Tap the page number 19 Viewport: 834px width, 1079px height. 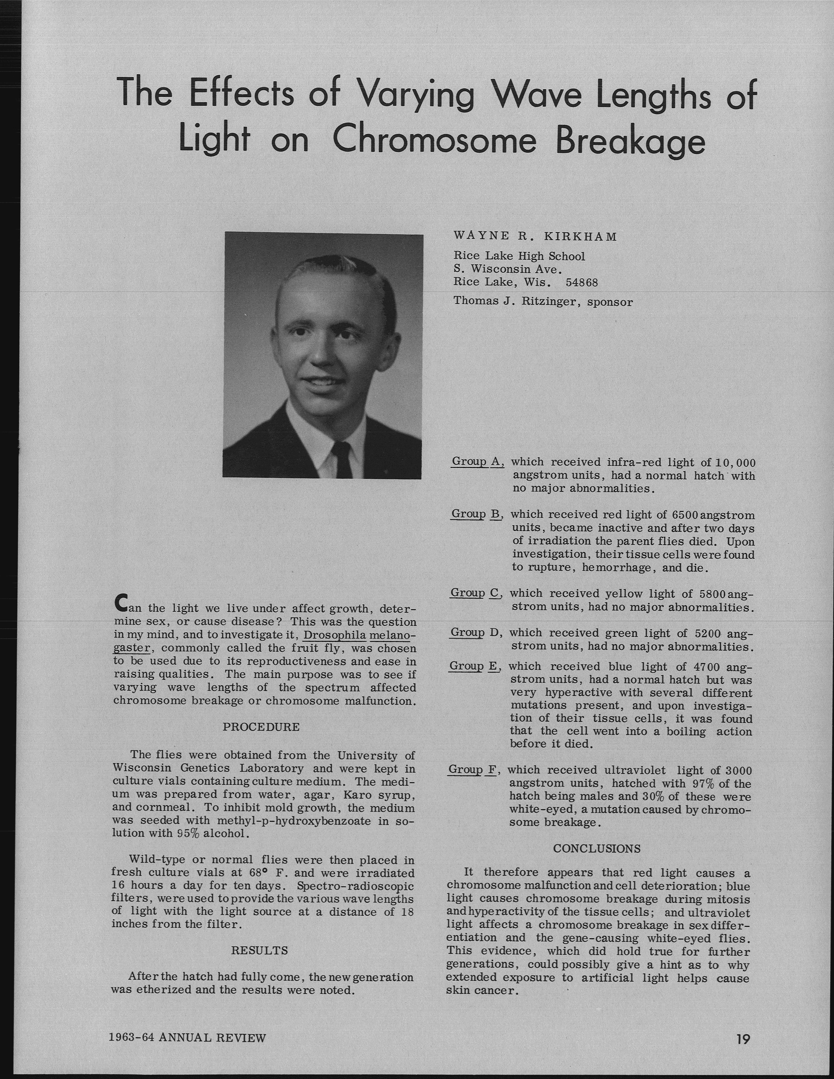[x=742, y=1039]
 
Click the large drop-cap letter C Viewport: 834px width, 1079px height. [x=120, y=602]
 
